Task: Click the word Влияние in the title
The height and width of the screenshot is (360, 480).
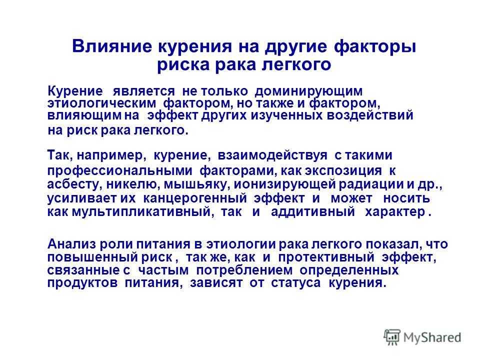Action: [111, 46]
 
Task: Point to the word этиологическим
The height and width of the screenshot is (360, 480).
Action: [101, 103]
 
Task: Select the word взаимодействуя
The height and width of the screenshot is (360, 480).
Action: [272, 155]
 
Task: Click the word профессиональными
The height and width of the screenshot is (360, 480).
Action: [119, 171]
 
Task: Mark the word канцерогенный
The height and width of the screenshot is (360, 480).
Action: [195, 198]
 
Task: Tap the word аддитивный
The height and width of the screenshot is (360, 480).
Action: [313, 212]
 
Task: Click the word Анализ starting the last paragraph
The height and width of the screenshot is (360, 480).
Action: [71, 244]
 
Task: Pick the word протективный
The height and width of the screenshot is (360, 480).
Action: [326, 257]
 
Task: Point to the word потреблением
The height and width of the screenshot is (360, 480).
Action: [244, 270]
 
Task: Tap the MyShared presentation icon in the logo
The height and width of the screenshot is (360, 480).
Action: [392, 337]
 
